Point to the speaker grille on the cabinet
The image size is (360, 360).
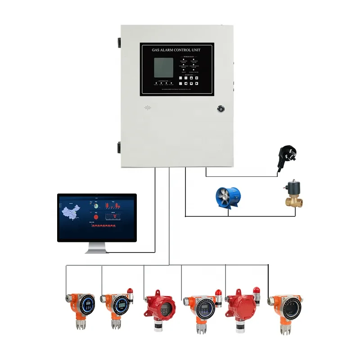pyautogui.click(x=147, y=108)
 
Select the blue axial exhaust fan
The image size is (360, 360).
pyautogui.click(x=228, y=198)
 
